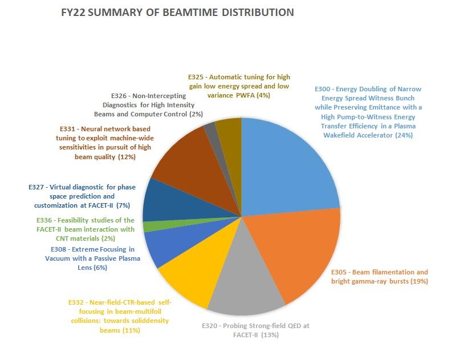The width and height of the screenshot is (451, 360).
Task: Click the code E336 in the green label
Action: [x=38, y=220]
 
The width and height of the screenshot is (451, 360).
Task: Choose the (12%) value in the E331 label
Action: [x=127, y=157]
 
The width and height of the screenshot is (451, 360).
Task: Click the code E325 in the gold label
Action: [x=198, y=76]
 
